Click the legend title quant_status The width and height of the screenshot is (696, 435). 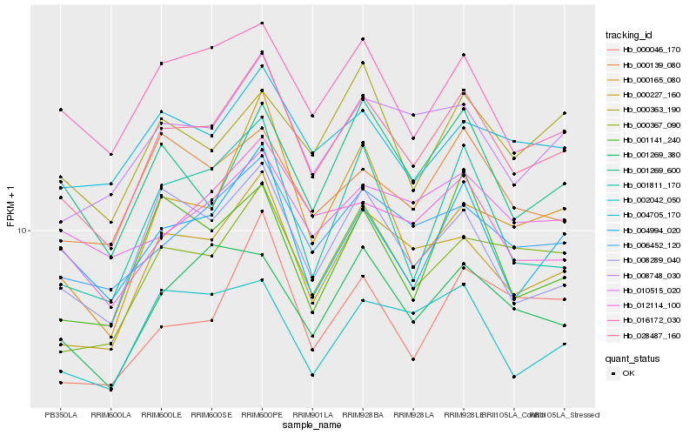632,358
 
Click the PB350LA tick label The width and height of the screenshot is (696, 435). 61,414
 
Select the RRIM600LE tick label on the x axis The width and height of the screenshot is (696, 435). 161,414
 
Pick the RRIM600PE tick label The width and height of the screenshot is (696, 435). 262,414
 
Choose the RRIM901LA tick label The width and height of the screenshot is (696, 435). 312,414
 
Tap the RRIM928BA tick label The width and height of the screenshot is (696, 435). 363,414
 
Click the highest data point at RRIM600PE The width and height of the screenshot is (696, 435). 262,23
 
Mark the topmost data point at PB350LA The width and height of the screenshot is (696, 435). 61,110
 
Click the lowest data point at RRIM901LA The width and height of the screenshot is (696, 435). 312,375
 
